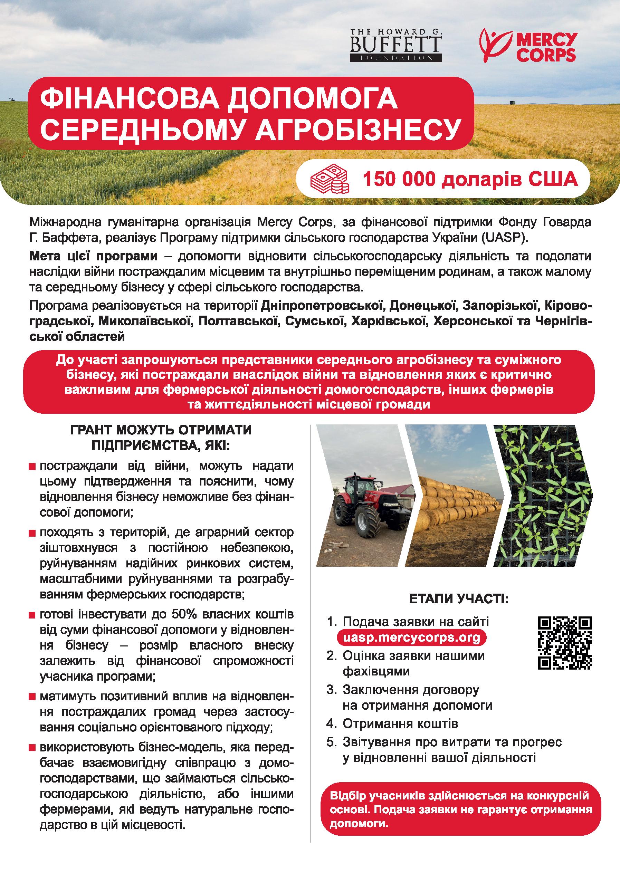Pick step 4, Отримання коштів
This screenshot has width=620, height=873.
click(400, 723)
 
